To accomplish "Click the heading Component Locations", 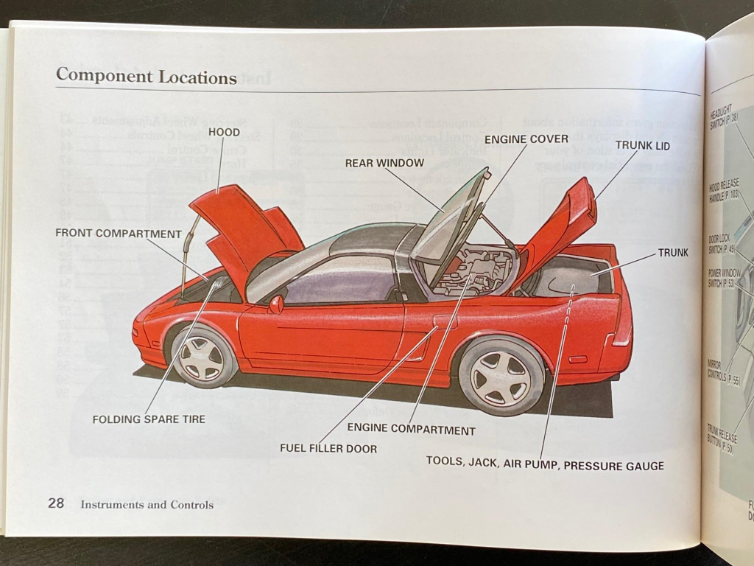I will point(146,77).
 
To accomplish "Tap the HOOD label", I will point(225,133).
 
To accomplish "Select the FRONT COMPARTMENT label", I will point(119,234).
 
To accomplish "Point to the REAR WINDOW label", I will point(384,163).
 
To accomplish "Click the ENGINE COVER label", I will point(526,139).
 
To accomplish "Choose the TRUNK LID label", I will point(642,146).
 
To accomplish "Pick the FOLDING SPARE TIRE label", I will point(149,419).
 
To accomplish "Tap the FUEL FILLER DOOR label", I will point(328,448).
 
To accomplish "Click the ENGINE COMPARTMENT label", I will point(411,430).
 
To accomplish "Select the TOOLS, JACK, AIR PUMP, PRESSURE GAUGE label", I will point(545,465).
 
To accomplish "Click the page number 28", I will point(56,504).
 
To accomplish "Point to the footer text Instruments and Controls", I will point(147,505).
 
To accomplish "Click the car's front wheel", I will point(202,357).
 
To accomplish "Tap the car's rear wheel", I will point(501,377).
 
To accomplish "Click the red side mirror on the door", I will point(275,304).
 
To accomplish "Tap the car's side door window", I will point(342,280).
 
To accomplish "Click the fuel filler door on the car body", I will point(445,321).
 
